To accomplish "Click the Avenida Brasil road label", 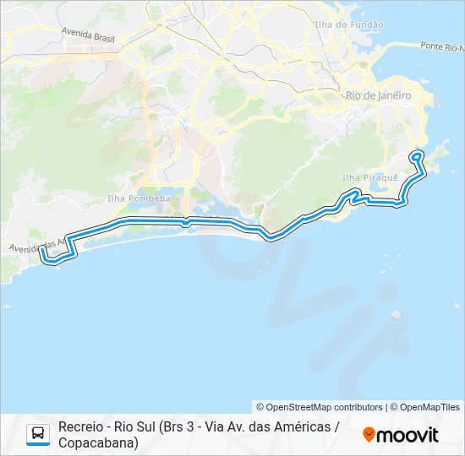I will [x=88, y=34].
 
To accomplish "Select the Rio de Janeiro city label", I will [x=379, y=95].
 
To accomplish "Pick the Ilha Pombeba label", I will [x=139, y=198].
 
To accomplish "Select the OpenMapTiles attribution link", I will [x=429, y=407].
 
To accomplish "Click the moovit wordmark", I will [x=408, y=435].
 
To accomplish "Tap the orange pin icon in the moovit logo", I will [x=369, y=434].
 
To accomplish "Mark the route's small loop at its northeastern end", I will [x=417, y=155].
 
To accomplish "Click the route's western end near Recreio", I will [x=41, y=251].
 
